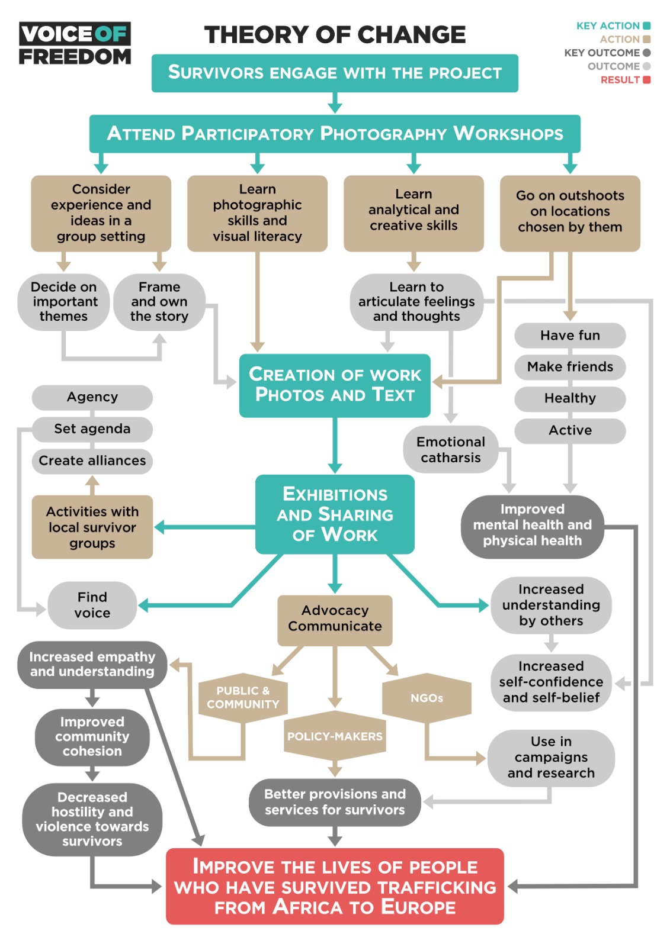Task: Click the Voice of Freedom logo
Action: (x=75, y=44)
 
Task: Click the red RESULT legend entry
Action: (x=624, y=80)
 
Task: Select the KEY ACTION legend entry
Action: (x=613, y=26)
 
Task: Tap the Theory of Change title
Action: (x=335, y=35)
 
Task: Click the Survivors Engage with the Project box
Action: (x=335, y=73)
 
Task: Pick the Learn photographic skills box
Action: (x=257, y=213)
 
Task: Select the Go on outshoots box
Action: (x=570, y=212)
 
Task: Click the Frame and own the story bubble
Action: (x=159, y=302)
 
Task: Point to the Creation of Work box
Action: (x=335, y=385)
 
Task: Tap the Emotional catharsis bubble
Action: (x=450, y=450)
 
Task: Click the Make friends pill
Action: (x=570, y=367)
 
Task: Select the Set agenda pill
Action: (x=92, y=429)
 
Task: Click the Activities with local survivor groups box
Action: (x=92, y=527)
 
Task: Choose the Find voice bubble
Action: (x=92, y=605)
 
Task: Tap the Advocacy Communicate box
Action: (x=335, y=619)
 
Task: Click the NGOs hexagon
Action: (x=427, y=698)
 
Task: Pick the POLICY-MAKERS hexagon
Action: (x=335, y=737)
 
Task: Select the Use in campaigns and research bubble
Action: (x=551, y=758)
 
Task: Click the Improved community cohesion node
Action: (x=92, y=737)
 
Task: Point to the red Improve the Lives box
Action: (x=335, y=887)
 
